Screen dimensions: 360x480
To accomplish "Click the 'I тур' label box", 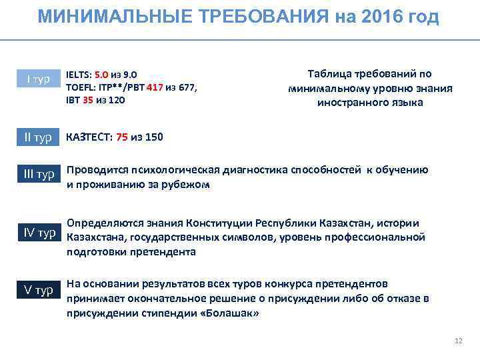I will (39, 79).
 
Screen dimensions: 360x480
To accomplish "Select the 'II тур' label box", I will (39, 137).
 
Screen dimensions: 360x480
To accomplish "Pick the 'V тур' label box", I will (39, 290).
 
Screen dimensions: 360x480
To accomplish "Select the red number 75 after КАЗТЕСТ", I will (122, 137).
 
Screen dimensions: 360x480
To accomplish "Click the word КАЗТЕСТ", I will (89, 137).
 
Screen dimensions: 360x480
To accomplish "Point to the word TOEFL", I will (80, 87).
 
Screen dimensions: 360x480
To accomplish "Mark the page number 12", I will (457, 341).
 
